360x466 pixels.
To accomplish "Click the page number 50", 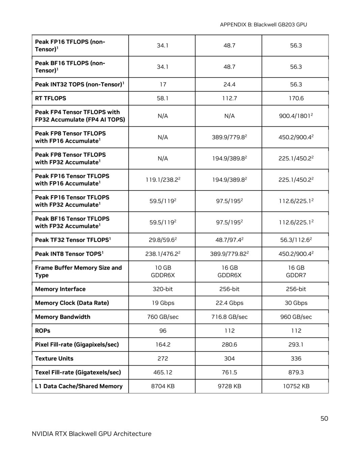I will pos(324,418).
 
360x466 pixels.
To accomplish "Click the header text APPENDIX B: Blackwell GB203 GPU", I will pos(263,25).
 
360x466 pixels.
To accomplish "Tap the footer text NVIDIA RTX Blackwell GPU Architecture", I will pos(91,434).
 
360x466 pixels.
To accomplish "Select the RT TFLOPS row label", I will pos(51,98).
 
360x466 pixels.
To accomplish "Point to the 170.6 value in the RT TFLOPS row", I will pos(296,98).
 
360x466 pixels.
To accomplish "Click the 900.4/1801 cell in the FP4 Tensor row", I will pos(296,116).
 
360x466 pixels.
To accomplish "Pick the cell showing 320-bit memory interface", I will pos(162,289).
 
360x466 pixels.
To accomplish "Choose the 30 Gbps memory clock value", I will pos(296,303).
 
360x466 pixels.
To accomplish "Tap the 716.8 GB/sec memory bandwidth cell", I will pos(229,317).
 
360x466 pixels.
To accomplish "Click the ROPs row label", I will pos(42,330).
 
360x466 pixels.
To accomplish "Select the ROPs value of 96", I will pos(162,330).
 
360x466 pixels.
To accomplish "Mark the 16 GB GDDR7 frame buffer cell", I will pos(296,271).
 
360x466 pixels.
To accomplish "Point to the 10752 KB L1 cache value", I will pos(296,386).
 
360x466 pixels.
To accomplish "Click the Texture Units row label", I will pos(54,358).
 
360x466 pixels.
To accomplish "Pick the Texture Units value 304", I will pos(229,358).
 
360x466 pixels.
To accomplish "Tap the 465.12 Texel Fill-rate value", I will pos(162,372).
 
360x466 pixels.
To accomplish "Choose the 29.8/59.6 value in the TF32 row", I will pos(162,240).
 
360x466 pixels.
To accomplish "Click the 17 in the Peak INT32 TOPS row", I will pos(162,84).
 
